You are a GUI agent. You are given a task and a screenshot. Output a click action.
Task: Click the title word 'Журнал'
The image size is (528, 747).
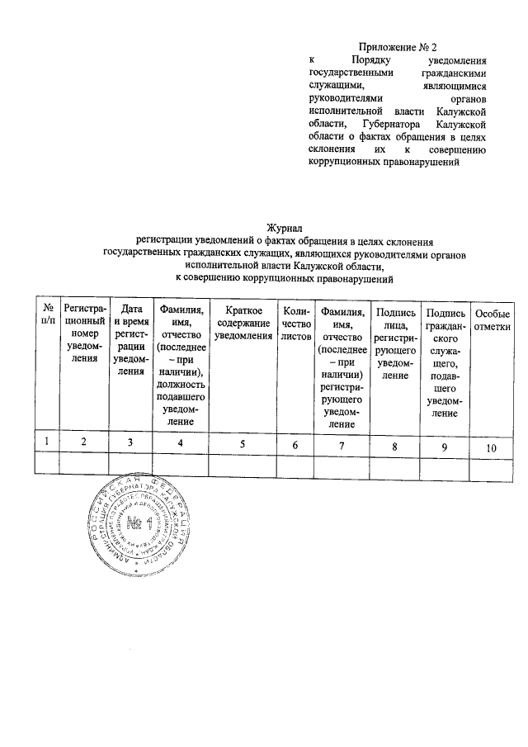point(285,228)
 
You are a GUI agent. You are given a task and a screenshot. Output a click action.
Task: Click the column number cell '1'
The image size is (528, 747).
point(48,442)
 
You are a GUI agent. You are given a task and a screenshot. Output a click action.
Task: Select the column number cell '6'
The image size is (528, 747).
point(295,445)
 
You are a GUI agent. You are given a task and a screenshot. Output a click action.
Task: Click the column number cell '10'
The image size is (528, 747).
point(492,447)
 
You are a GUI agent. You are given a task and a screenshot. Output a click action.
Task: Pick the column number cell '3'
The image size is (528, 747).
point(130,443)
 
